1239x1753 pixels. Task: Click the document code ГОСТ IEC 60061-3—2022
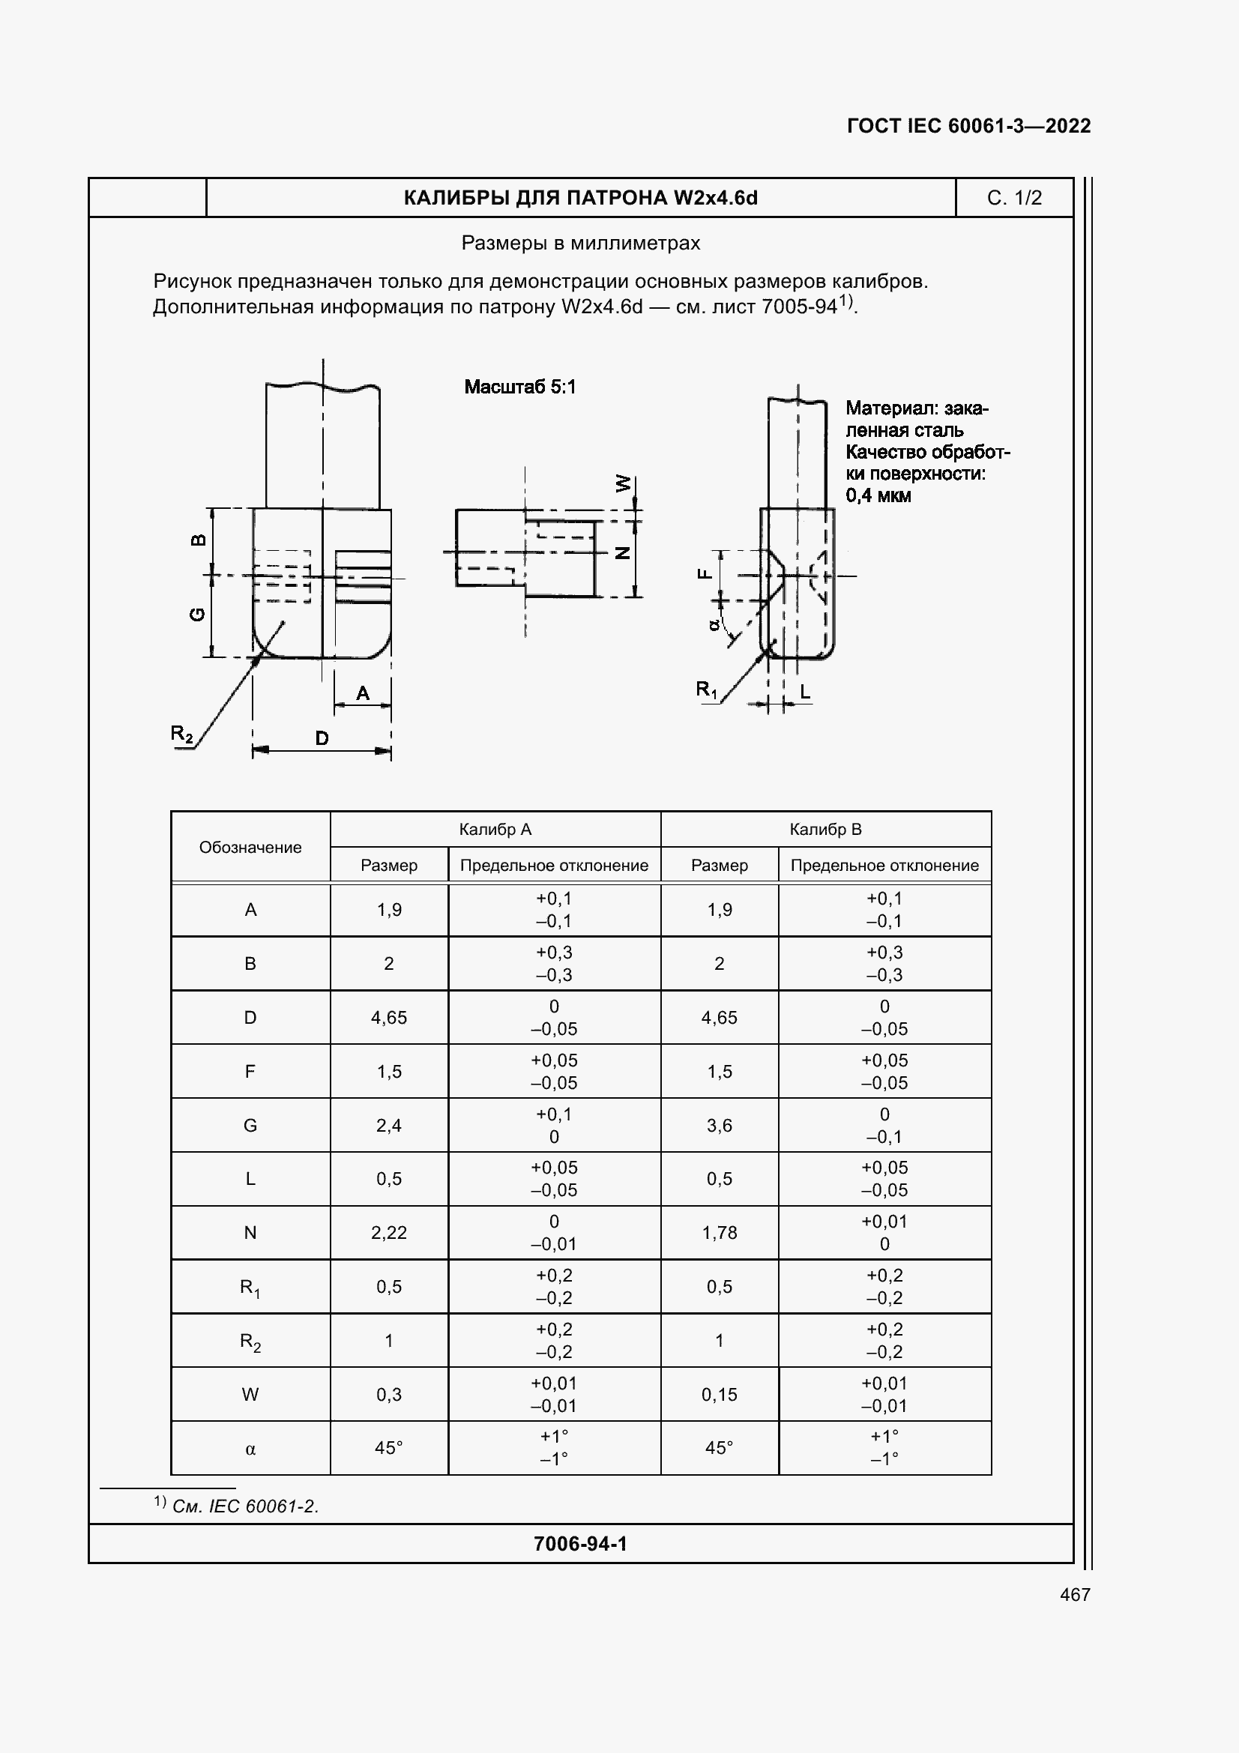tap(968, 126)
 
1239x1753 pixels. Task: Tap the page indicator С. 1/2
tap(1014, 198)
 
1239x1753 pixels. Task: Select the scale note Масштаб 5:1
tap(520, 387)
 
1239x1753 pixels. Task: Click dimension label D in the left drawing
tap(322, 738)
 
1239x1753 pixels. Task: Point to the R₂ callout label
tap(181, 734)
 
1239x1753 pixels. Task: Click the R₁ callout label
tap(706, 690)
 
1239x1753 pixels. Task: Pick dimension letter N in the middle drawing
tap(623, 553)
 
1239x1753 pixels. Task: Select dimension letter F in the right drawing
tap(705, 574)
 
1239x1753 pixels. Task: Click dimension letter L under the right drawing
tap(804, 692)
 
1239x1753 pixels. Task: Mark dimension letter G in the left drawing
tap(197, 614)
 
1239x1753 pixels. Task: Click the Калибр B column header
tap(825, 829)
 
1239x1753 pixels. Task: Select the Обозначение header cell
tap(250, 848)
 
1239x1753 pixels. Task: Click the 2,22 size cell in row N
tap(388, 1232)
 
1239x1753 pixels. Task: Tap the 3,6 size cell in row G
tap(719, 1126)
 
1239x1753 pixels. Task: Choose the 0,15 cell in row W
tap(719, 1394)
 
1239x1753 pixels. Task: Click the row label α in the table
tap(250, 1449)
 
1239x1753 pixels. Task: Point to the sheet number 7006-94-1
tap(580, 1544)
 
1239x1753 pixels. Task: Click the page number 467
tap(1075, 1594)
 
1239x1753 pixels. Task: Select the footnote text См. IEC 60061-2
tap(245, 1506)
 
